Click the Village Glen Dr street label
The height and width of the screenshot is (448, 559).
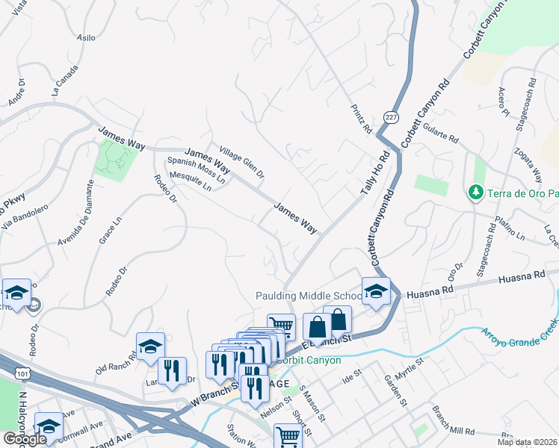coord(237,161)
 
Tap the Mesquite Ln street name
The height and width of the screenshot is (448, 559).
coord(191,183)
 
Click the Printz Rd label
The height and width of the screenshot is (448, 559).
coord(362,119)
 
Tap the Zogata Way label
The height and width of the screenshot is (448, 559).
coord(527,164)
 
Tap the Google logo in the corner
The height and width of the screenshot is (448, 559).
coord(24,439)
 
